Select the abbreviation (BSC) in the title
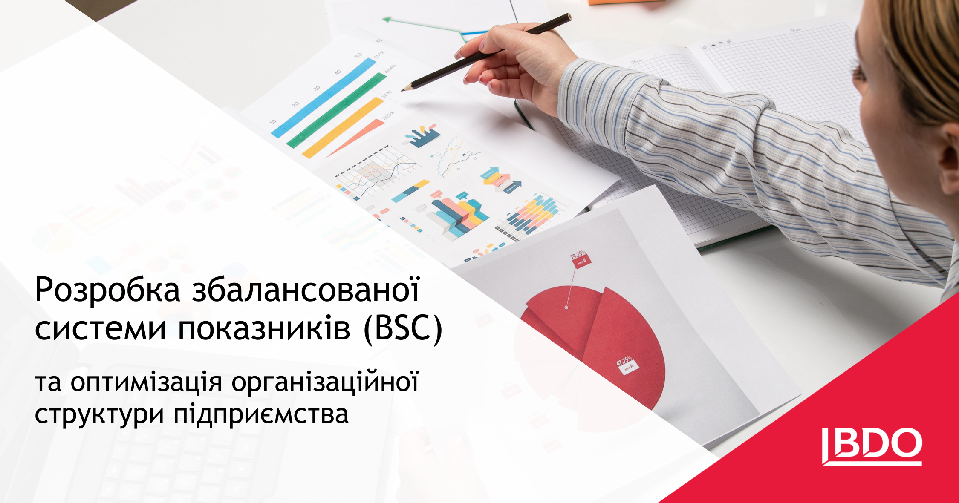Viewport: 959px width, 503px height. (x=403, y=329)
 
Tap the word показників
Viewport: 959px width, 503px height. (x=264, y=329)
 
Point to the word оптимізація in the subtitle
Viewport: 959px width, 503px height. (x=146, y=382)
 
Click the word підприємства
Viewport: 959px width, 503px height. (x=261, y=414)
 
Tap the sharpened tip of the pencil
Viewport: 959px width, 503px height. (x=403, y=89)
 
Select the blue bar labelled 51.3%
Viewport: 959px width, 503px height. (x=324, y=98)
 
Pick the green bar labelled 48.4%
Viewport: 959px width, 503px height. (x=337, y=110)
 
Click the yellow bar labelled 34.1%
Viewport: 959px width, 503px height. (x=344, y=127)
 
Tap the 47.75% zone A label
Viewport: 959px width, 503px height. (x=627, y=364)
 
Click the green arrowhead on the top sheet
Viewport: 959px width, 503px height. (x=387, y=20)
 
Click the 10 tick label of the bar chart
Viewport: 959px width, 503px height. (x=273, y=122)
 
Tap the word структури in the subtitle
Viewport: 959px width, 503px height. (x=99, y=414)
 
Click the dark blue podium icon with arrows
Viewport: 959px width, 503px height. (x=422, y=136)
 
